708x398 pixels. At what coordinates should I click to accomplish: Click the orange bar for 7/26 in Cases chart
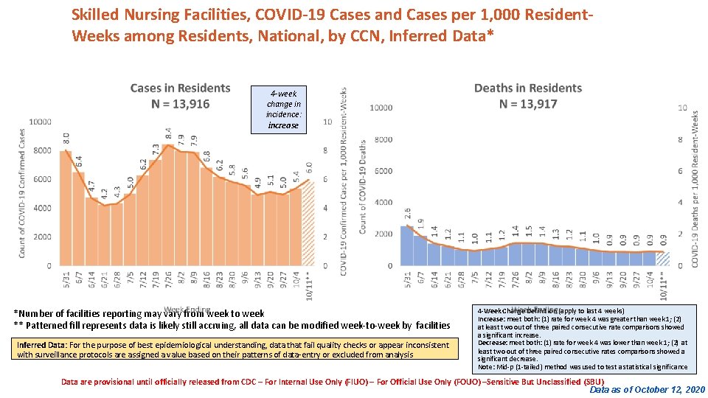click(x=168, y=206)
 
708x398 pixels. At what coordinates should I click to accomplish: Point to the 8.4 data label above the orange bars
click(x=168, y=135)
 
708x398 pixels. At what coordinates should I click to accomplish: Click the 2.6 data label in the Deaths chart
click(x=407, y=214)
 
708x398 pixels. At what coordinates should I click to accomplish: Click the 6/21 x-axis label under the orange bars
click(x=104, y=281)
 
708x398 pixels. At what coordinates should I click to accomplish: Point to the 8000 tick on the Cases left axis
click(x=41, y=150)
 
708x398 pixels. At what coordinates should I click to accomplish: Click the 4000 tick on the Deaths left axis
click(x=381, y=202)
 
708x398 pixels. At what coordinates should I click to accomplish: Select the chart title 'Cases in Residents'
click(x=180, y=88)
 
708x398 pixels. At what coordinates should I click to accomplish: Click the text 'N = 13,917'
click(x=528, y=104)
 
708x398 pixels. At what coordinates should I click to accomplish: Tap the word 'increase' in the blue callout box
click(x=283, y=125)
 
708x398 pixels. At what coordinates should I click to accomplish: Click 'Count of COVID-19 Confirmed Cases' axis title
click(x=24, y=193)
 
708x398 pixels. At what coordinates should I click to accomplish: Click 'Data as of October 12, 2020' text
click(x=647, y=389)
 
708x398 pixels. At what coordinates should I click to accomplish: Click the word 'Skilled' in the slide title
click(x=94, y=14)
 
